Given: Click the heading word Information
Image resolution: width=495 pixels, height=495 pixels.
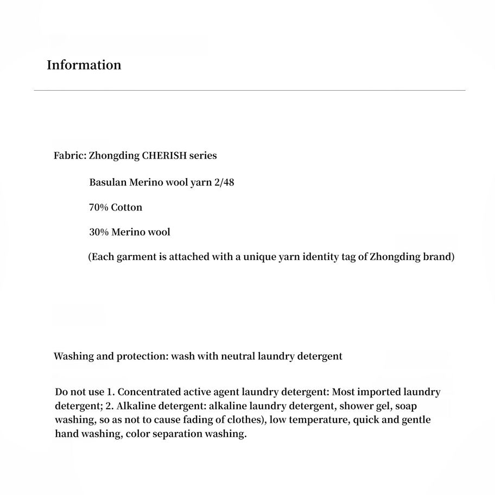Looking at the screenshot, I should point(84,65).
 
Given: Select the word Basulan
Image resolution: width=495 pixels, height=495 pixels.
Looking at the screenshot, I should point(107,182).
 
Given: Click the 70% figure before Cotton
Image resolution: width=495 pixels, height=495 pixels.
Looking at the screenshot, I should point(99,207).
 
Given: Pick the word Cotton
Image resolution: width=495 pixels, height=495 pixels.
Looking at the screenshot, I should point(126,207).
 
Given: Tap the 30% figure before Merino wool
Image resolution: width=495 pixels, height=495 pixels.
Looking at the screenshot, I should point(99,232).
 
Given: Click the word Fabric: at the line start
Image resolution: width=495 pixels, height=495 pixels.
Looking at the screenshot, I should point(70,156).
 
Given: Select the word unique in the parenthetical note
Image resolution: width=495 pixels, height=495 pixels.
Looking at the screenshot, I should point(261,257).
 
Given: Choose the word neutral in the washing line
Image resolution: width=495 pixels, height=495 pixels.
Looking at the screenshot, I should point(226,357).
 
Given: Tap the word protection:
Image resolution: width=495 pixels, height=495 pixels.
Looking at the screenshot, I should point(142,357).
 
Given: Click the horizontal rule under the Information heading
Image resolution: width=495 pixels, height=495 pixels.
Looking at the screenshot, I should point(249,90).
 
